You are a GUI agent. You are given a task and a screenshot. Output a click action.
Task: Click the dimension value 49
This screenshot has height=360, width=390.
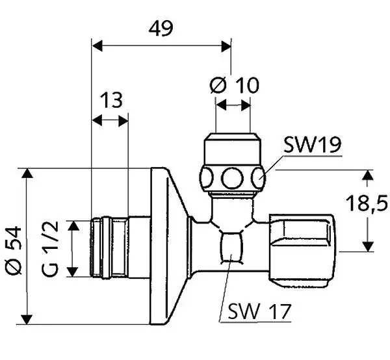pos(161,29)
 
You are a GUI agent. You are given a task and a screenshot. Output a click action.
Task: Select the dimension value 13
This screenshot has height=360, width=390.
pos(111,100)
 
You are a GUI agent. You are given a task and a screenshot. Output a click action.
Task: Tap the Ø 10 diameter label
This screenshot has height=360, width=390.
pos(235,85)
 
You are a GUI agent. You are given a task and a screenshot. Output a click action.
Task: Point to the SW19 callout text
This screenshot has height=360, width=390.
pos(312,145)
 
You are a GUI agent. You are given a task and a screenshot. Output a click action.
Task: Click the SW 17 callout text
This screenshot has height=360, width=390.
pos(259,311)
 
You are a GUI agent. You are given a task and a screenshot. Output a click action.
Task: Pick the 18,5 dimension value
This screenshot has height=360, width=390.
pos(367,203)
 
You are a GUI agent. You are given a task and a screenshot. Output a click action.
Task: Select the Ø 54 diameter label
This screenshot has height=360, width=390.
pos(14,250)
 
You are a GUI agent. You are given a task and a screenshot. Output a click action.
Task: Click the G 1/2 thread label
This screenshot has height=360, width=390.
pos(50,249)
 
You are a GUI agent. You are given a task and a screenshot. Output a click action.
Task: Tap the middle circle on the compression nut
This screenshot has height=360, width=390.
pos(232,178)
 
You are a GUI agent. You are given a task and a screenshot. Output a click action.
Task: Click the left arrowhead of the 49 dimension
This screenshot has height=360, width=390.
pos(97,45)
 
